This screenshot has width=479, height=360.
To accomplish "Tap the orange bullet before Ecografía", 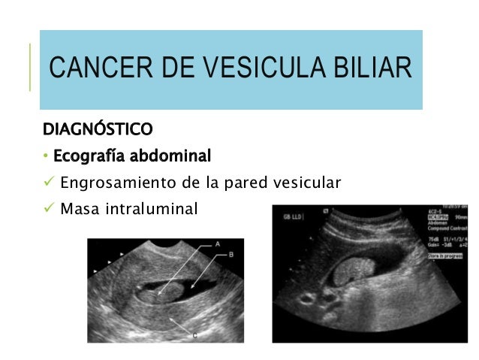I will coord(46,157).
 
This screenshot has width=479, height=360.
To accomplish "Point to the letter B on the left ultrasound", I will coord(230,256).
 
